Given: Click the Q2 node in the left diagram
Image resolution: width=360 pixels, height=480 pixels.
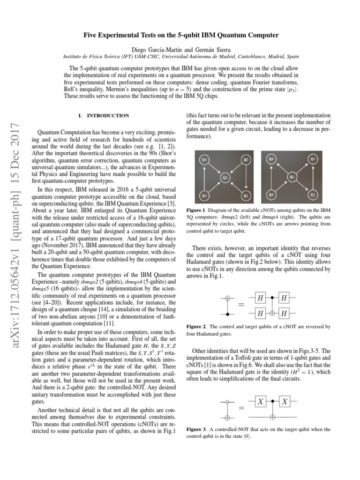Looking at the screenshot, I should click(225, 178).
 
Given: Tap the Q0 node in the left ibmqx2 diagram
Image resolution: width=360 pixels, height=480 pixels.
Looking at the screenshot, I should click(246, 160).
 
